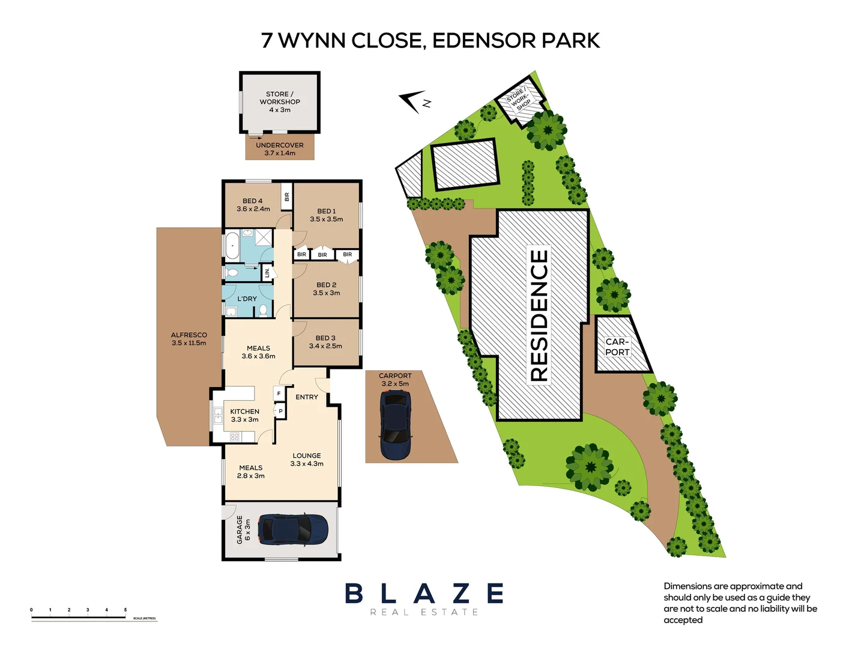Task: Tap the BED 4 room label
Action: point(253,205)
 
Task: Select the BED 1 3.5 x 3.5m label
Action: point(326,215)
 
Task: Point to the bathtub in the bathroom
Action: point(232,245)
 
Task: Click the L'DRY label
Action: point(247,299)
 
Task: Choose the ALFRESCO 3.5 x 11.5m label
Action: point(189,339)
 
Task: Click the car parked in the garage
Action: point(293,529)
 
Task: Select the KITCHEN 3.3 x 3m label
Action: point(244,415)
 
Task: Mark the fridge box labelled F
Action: point(279,394)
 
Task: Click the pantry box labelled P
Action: point(280,411)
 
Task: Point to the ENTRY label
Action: point(307,397)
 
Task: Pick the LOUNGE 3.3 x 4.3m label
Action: point(307,460)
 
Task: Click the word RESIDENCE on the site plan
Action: point(539,315)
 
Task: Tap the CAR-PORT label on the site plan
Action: point(617,347)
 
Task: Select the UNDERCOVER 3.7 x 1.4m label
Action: point(280,149)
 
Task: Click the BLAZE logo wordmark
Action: point(424,594)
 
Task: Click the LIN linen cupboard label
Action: point(267,273)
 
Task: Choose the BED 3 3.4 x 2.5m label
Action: point(325,342)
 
